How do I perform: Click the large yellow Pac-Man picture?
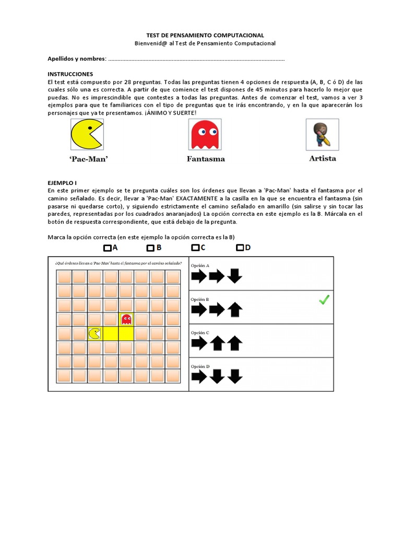(87, 134)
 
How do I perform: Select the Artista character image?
(322, 134)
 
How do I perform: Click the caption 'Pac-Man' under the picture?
(88, 159)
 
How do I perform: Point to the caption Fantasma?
(206, 159)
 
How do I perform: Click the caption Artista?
(323, 158)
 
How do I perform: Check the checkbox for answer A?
(107, 248)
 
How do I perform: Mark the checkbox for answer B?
(150, 248)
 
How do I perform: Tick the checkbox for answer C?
(195, 248)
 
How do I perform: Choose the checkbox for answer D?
(240, 248)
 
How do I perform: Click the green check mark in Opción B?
(324, 300)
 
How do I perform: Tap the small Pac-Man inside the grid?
(95, 333)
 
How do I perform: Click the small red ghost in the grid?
(126, 318)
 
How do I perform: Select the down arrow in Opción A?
(234, 276)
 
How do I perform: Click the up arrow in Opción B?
(234, 310)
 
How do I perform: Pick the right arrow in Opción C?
(199, 343)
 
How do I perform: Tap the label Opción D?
(200, 366)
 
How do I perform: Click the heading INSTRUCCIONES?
(70, 74)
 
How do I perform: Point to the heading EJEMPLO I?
(62, 183)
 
